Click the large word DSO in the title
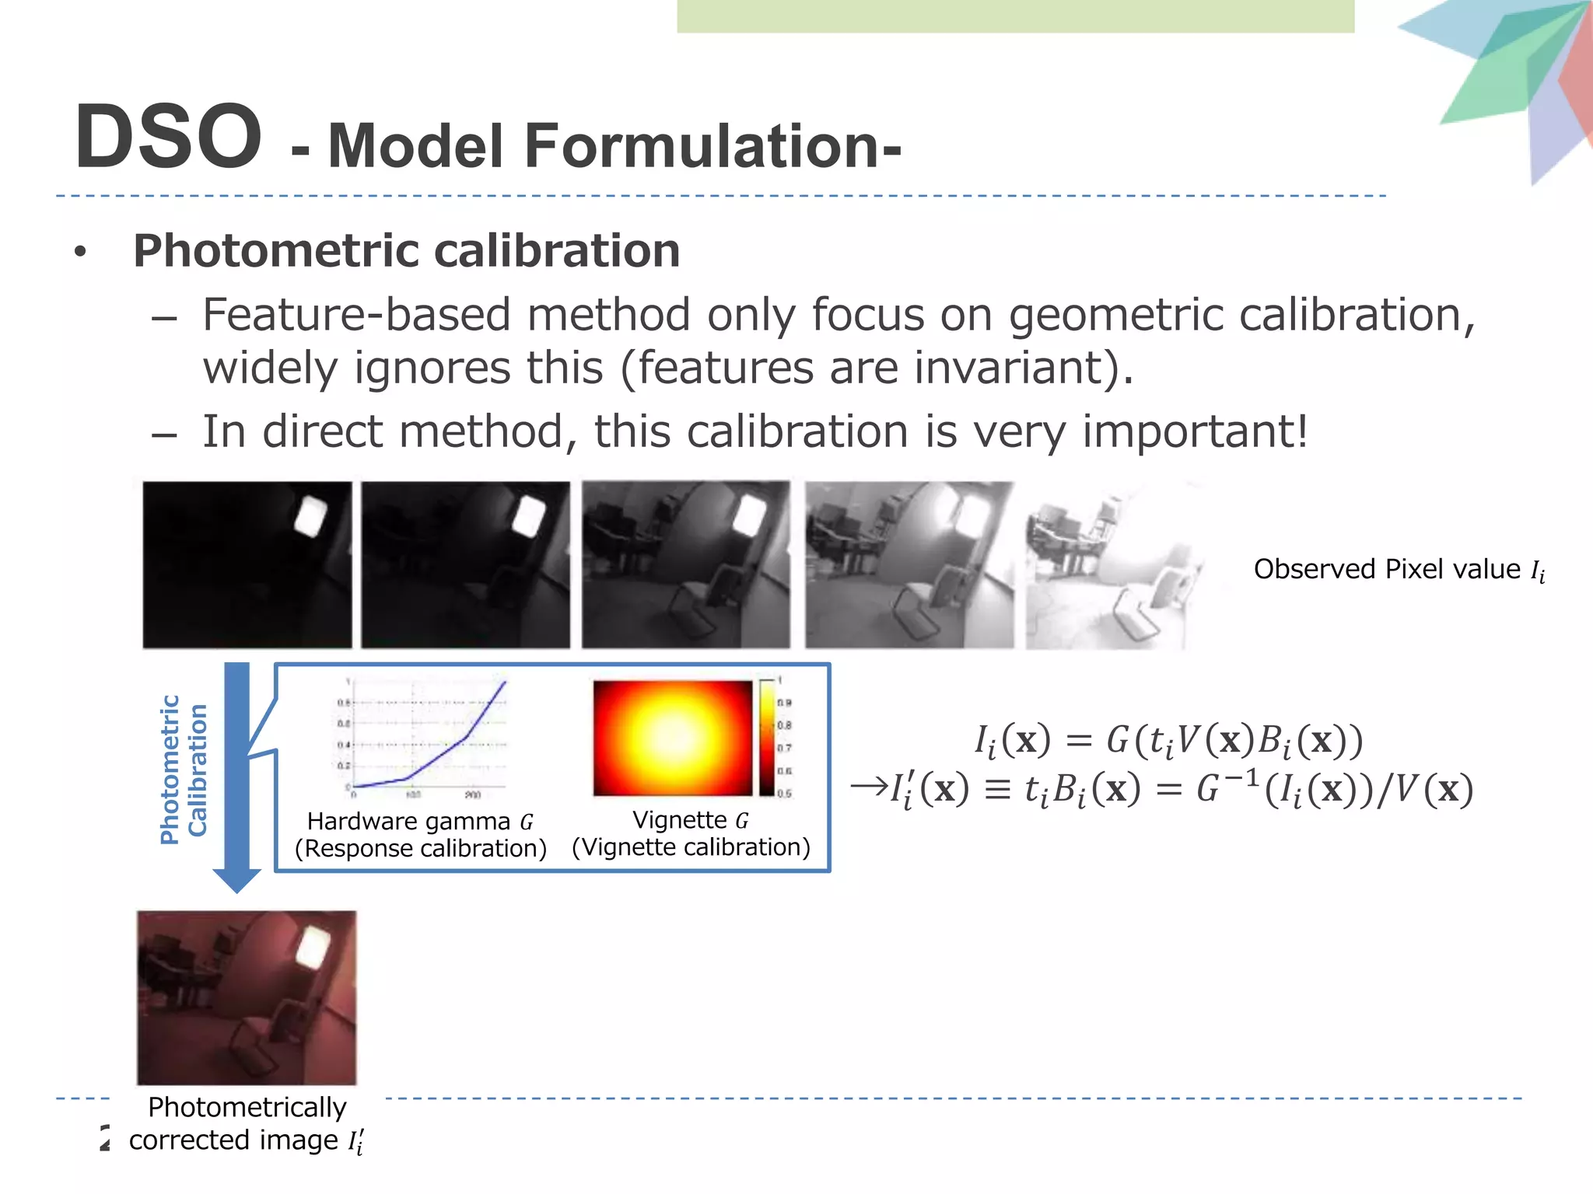tap(168, 137)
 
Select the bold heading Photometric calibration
tap(406, 250)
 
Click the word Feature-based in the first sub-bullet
tap(355, 315)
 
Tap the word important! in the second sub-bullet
tap(1195, 431)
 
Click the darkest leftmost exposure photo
tap(247, 565)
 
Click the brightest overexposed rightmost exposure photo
tap(1112, 565)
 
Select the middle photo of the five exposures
tap(685, 565)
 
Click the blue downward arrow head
tap(236, 878)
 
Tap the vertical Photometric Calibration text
tap(184, 770)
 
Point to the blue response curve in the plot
tap(451, 746)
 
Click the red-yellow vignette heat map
tap(672, 738)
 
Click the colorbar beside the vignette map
tap(766, 737)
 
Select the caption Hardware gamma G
tap(420, 822)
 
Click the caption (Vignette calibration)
tap(691, 847)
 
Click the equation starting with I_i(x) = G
tap(1168, 740)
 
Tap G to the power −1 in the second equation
tap(1227, 787)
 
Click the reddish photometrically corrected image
tap(247, 998)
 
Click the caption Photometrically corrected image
tap(247, 1123)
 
